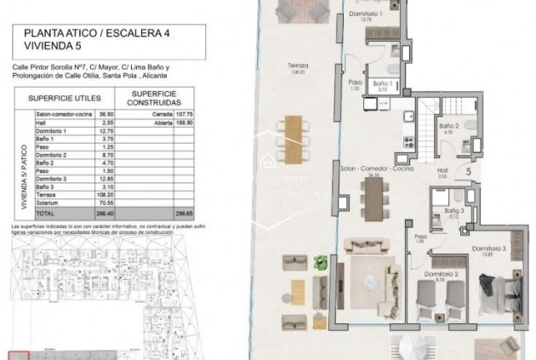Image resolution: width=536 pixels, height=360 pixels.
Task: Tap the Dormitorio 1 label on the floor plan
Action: pos(368,15)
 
